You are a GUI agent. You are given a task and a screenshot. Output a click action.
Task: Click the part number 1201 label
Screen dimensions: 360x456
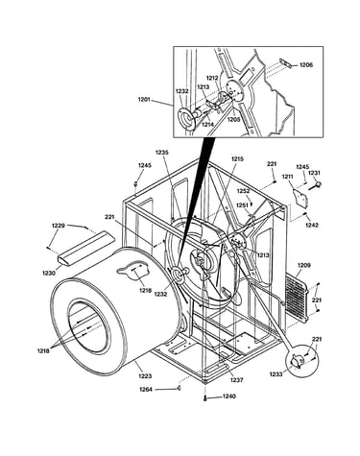144,100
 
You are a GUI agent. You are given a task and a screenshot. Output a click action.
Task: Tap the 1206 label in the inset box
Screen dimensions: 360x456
306,65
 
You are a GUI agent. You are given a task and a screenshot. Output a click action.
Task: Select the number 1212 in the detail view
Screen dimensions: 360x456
212,78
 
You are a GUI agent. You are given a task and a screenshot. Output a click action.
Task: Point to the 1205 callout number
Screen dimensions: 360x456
233,119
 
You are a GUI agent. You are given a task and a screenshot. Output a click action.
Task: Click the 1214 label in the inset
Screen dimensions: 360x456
208,125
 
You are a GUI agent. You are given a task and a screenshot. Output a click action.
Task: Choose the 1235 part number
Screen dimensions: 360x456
162,153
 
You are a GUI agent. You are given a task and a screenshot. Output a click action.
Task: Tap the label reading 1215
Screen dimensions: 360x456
237,158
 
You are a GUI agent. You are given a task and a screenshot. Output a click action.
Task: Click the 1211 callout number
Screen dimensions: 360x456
288,177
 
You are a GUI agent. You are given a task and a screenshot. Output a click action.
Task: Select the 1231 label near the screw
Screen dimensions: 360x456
314,173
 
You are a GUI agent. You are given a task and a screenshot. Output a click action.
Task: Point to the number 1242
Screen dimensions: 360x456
312,225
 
